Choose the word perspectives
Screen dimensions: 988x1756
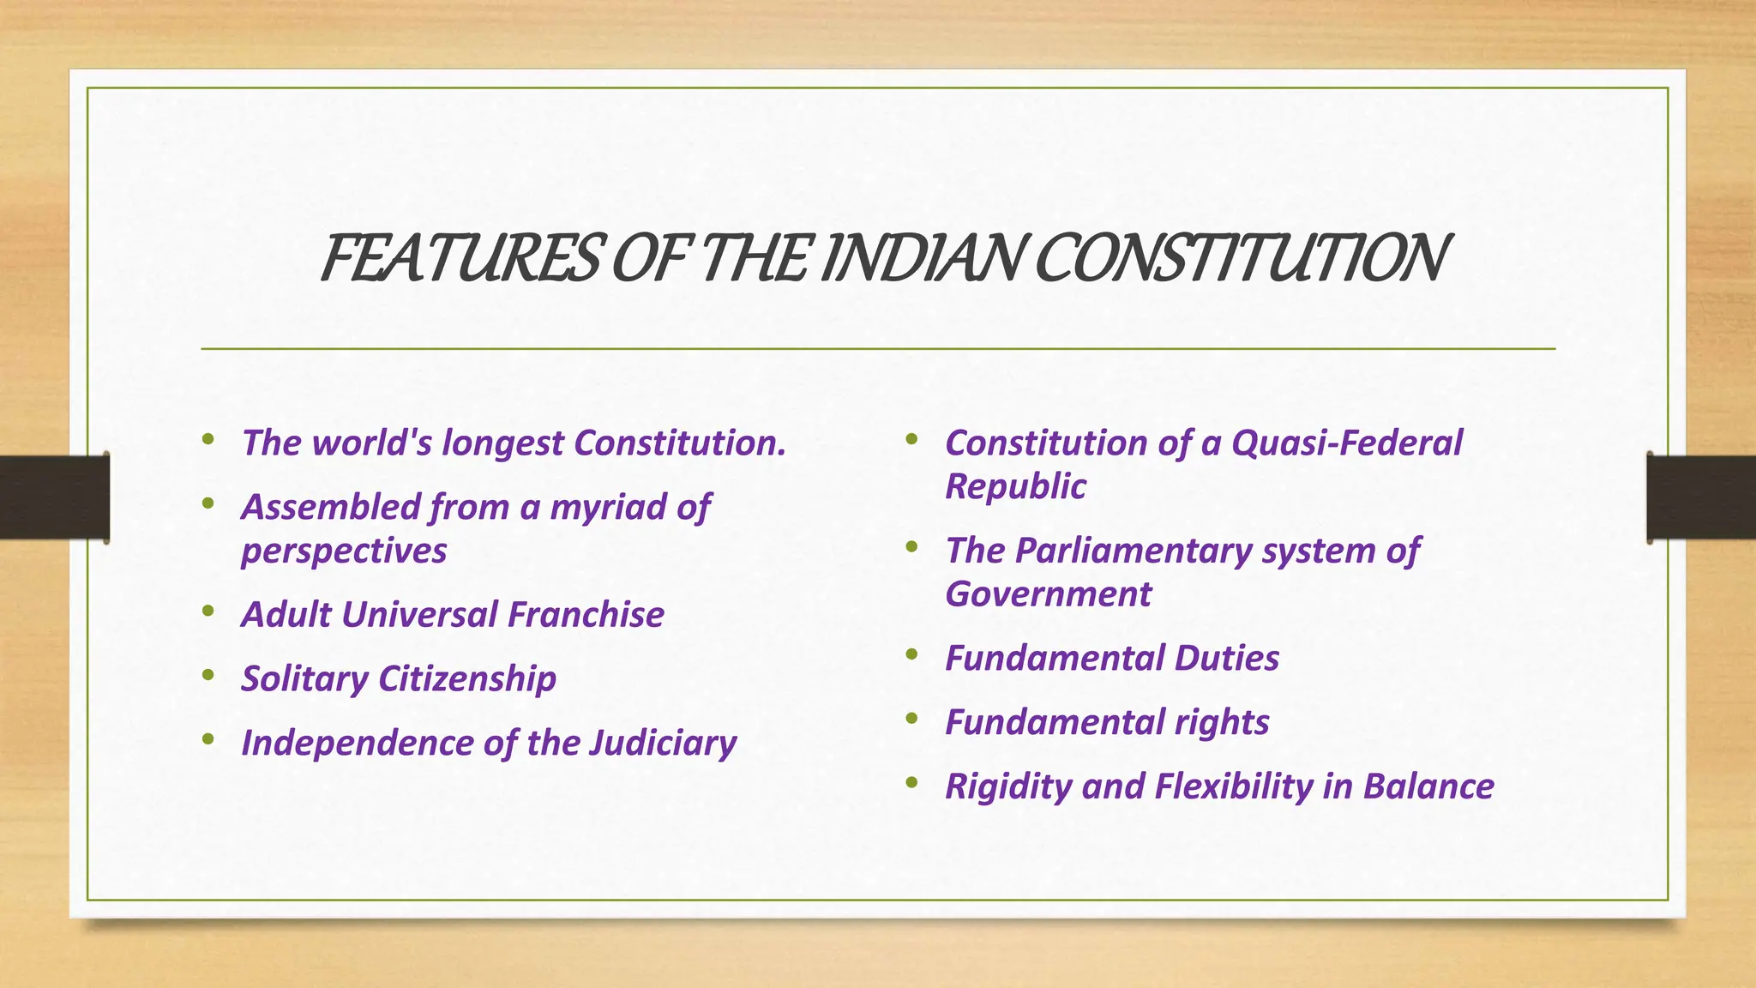(x=344, y=551)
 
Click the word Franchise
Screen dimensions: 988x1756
(x=586, y=615)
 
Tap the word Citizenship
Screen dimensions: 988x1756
(x=467, y=679)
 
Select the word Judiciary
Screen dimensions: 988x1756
(x=663, y=744)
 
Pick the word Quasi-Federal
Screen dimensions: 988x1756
(x=1347, y=443)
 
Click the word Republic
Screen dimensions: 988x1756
(x=1015, y=486)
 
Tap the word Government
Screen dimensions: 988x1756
(x=1048, y=593)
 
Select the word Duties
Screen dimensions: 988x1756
(x=1226, y=659)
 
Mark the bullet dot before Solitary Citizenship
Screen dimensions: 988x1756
(x=207, y=675)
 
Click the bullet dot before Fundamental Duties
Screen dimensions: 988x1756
(x=911, y=655)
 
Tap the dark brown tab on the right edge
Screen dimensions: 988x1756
(x=1701, y=497)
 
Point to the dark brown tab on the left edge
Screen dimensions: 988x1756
(x=54, y=497)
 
